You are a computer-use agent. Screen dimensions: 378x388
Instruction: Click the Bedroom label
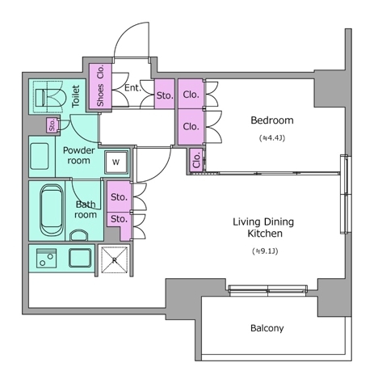pos(272,120)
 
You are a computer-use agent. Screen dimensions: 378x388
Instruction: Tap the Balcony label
pos(267,328)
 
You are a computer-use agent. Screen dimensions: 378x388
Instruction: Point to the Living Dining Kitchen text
pos(263,227)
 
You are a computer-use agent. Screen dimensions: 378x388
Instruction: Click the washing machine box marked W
pos(116,162)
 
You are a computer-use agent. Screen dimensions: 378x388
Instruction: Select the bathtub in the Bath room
pos(52,209)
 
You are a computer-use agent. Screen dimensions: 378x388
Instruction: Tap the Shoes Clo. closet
pos(100,86)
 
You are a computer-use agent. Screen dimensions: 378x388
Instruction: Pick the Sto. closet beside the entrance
pos(165,95)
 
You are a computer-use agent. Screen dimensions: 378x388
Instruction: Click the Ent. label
pos(133,88)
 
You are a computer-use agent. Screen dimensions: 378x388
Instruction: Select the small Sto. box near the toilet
pos(52,125)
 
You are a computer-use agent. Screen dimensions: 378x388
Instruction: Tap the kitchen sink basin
pos(80,258)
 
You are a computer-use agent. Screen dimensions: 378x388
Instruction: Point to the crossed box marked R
pos(115,260)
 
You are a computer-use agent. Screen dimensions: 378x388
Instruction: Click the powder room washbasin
pos(40,156)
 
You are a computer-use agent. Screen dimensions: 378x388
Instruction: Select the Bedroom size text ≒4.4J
pos(272,138)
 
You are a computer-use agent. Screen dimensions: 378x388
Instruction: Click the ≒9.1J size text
pos(265,251)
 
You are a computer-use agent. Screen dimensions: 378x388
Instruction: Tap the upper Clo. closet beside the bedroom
pos(191,95)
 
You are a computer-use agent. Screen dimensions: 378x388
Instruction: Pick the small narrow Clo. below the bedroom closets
pos(196,160)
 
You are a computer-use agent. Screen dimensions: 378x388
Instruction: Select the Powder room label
pos(78,155)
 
